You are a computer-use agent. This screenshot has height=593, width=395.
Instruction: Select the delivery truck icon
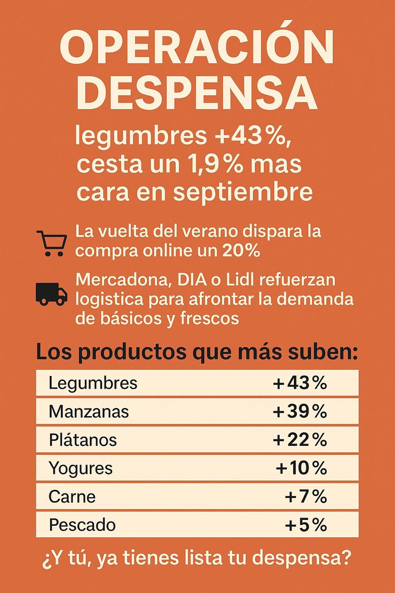51,294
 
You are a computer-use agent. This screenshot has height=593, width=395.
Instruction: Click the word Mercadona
122,280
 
